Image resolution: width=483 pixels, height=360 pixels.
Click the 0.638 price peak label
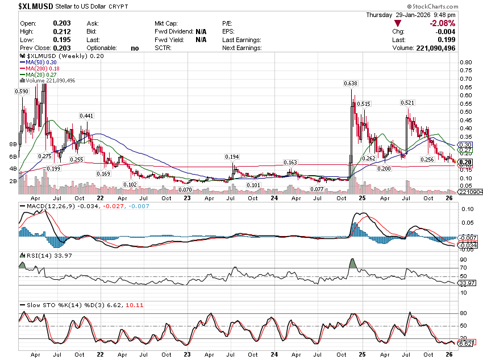350,84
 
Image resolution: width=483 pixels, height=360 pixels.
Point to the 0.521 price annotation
407,103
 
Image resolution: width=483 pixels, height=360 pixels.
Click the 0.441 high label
86,116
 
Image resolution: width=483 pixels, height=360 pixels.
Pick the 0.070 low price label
185,189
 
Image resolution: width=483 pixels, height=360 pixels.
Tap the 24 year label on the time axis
274,198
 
